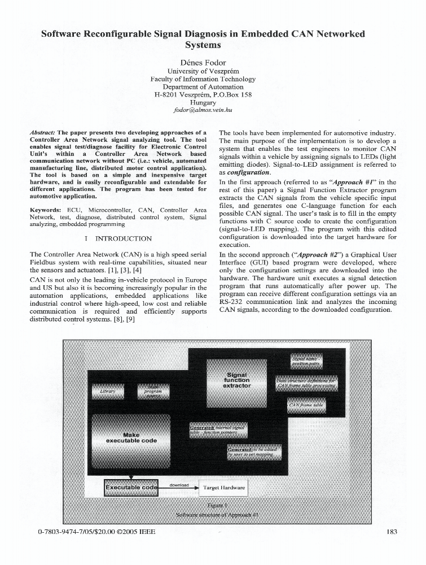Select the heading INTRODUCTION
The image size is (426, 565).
(123, 238)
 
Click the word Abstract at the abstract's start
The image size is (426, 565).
(42, 132)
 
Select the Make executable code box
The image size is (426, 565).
(131, 437)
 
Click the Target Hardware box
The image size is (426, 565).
(224, 487)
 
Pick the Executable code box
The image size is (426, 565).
(131, 487)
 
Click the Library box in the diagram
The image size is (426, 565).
(107, 391)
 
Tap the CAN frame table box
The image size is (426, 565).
(306, 405)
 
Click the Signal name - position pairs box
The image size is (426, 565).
(306, 361)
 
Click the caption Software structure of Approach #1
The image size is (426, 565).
(217, 515)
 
